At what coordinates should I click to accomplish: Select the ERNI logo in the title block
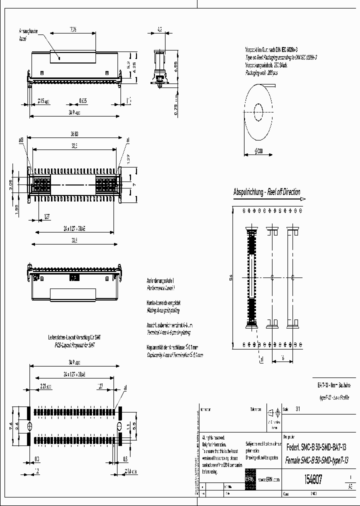coord(249,479)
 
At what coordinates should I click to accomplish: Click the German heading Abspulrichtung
coord(249,192)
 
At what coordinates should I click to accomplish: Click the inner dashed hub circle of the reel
coord(259,111)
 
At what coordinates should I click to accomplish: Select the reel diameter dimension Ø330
coord(259,150)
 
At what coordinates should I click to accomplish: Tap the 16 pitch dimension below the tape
coord(282,357)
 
